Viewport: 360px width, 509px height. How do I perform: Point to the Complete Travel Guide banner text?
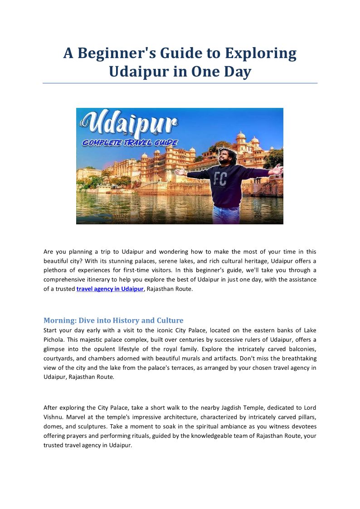[130, 143]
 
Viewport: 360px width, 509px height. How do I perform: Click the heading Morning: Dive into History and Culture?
[113, 320]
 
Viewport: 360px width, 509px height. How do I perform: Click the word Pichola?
[54, 339]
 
